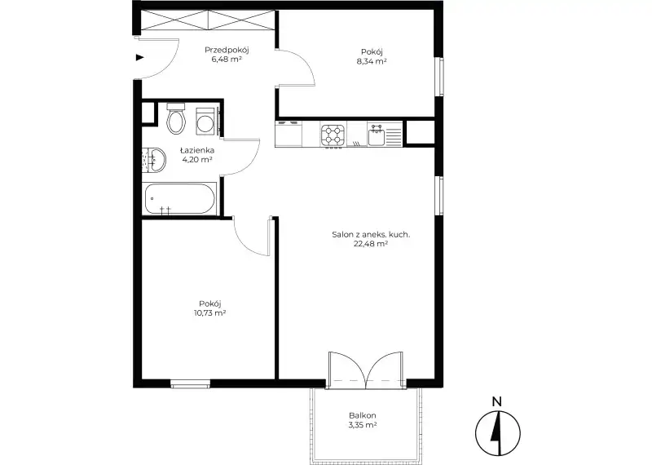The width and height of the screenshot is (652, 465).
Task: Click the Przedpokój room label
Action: (227, 50)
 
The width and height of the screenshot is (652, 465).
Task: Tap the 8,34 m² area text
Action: (372, 61)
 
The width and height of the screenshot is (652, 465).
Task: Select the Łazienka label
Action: (197, 150)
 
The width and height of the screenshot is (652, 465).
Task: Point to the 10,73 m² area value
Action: (209, 313)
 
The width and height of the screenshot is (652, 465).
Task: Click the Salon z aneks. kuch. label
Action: (371, 234)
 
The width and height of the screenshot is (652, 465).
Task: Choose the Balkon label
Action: (363, 415)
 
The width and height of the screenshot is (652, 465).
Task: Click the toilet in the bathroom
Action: (176, 118)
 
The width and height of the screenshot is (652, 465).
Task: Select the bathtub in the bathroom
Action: (180, 199)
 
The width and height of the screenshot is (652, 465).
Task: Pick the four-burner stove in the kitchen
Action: (333, 135)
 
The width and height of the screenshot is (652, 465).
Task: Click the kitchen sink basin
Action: (377, 136)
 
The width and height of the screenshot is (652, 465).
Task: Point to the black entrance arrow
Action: (139, 57)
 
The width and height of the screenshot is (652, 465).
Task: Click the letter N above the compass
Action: (497, 401)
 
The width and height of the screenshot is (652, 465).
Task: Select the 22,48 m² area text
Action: (371, 244)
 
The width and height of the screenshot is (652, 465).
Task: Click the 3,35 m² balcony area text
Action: (363, 425)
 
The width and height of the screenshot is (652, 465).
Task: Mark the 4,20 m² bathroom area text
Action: (197, 159)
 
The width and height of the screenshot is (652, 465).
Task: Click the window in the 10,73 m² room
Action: (191, 383)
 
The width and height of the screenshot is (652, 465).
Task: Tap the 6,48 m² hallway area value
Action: (227, 60)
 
